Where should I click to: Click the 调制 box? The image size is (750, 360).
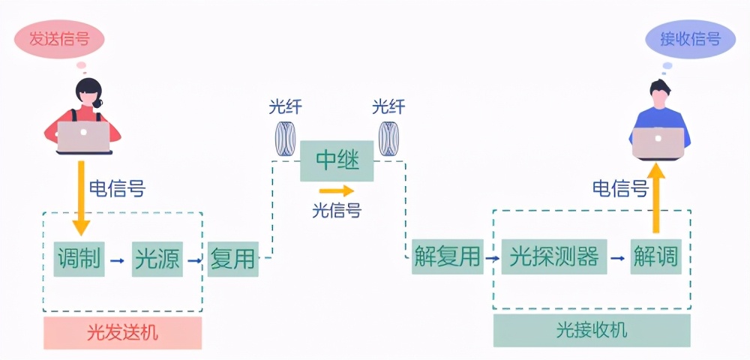79,259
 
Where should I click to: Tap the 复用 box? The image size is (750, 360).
232,259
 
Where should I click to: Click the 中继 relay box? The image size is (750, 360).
337,160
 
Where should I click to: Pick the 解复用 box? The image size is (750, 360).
447,257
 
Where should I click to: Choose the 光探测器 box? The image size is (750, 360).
553,257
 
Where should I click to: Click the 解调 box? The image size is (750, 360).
655,257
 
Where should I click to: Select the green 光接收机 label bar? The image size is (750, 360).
592,330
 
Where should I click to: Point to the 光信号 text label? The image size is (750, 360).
336,211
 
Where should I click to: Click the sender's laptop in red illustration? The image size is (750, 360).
83,137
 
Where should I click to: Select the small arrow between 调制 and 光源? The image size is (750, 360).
117,260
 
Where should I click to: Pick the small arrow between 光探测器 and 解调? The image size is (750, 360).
617,259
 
